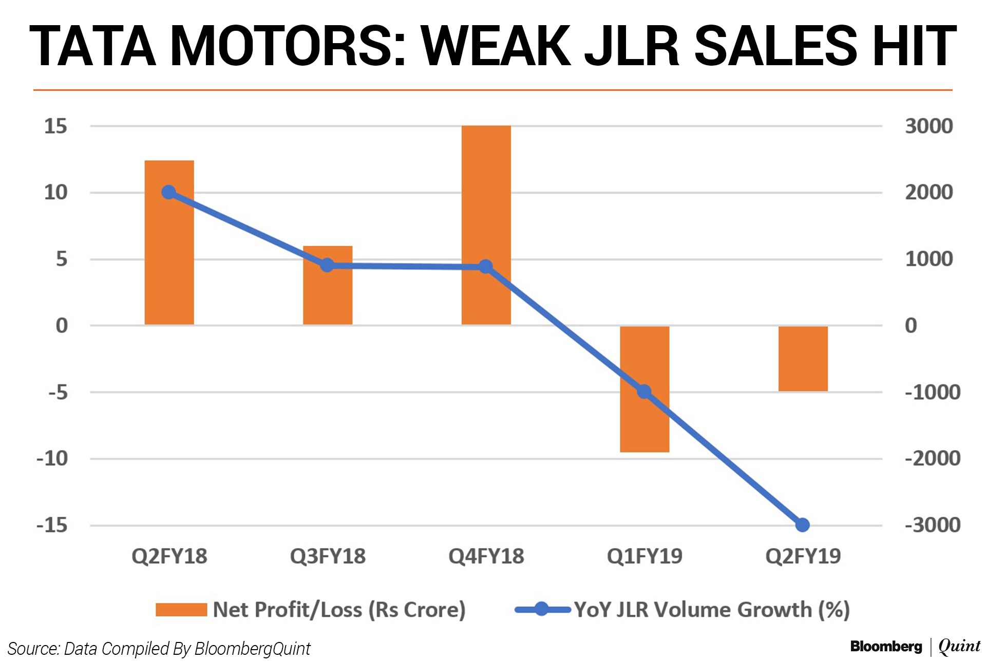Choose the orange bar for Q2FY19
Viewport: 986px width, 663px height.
point(803,359)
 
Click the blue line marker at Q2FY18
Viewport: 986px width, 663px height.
point(169,192)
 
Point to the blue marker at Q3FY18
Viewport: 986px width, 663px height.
point(327,265)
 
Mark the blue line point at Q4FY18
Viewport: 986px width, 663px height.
point(486,266)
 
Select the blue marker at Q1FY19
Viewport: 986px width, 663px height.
point(644,392)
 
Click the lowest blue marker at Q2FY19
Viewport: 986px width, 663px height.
point(802,525)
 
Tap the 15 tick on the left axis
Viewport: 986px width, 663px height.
point(55,126)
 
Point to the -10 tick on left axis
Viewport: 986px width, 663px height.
point(52,458)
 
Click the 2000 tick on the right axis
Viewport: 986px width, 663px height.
point(928,192)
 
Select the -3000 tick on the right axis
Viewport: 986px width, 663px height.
point(932,525)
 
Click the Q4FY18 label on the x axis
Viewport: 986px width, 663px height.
point(486,556)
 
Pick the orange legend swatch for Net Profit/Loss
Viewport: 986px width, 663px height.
point(181,610)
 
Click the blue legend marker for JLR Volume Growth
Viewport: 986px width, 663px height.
point(541,609)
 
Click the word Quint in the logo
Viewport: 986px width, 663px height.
point(959,647)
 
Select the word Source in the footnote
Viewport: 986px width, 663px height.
point(32,649)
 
